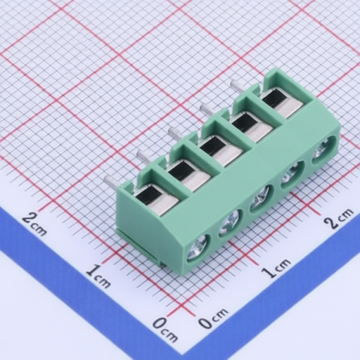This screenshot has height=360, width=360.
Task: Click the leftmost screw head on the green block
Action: pyautogui.click(x=198, y=247)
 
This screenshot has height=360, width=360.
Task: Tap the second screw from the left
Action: pyautogui.click(x=229, y=223)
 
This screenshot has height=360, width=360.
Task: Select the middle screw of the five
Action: pyautogui.click(x=261, y=198)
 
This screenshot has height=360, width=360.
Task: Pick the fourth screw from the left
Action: pyautogui.click(x=292, y=174)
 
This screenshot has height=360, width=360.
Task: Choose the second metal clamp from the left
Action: pyautogui.click(x=188, y=174)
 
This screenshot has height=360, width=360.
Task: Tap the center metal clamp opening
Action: pyautogui.click(x=221, y=151)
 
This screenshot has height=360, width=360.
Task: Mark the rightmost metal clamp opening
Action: pyautogui.click(x=282, y=103)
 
